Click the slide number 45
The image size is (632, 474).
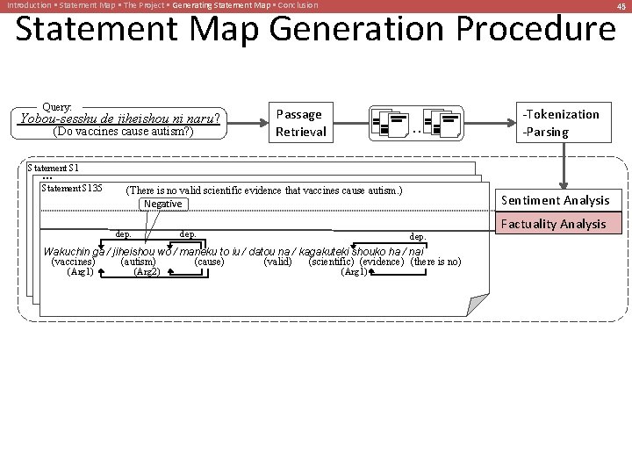tap(621, 5)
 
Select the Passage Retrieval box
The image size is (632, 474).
tap(300, 123)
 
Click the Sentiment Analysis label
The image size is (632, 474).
tap(555, 200)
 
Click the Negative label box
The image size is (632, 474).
tap(162, 204)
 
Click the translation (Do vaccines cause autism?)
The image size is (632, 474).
tap(123, 133)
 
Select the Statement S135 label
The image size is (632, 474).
tap(72, 188)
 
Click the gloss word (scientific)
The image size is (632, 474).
tap(332, 262)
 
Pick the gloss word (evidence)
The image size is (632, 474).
tap(382, 262)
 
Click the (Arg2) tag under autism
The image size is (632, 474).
tap(146, 272)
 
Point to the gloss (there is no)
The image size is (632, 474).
tap(435, 262)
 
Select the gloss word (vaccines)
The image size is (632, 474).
tap(74, 262)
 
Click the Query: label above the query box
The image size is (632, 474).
tap(57, 105)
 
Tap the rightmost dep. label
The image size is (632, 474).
tap(418, 236)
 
